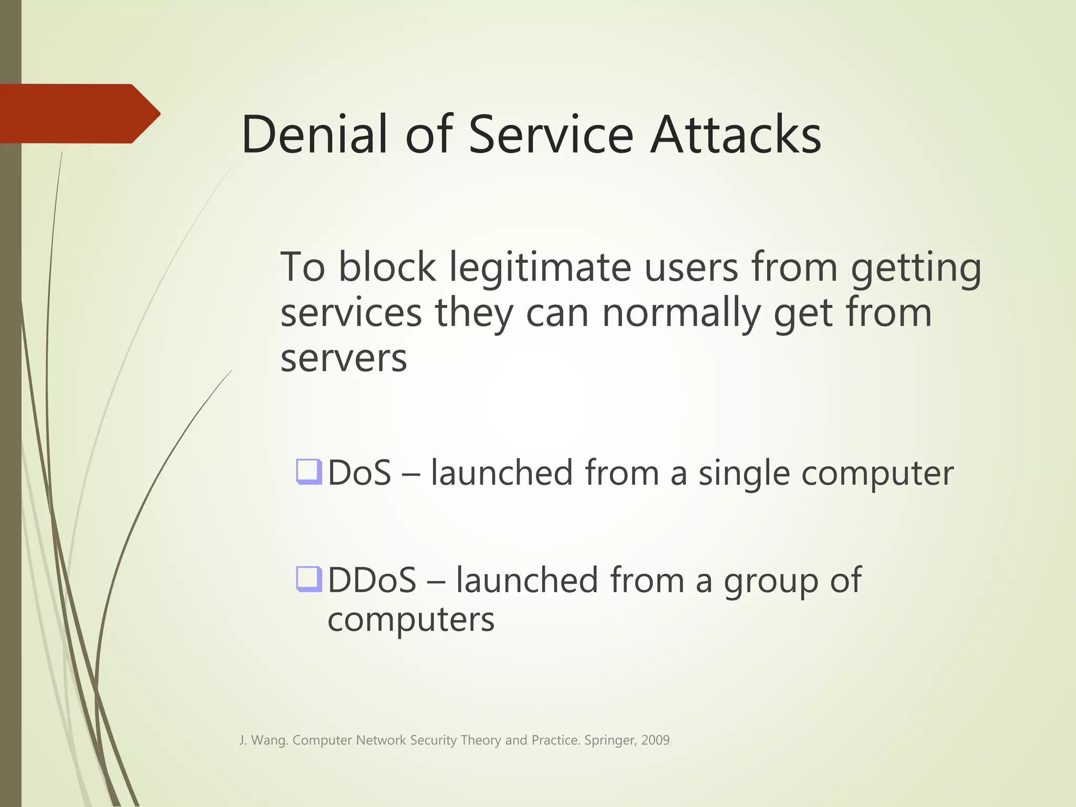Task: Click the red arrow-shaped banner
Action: (79, 113)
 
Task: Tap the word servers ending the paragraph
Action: (344, 359)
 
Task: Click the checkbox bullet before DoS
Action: (308, 471)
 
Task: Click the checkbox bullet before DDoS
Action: (308, 578)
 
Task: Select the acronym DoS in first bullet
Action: (360, 473)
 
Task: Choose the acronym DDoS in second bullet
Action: (372, 580)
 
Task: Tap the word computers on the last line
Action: (411, 620)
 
